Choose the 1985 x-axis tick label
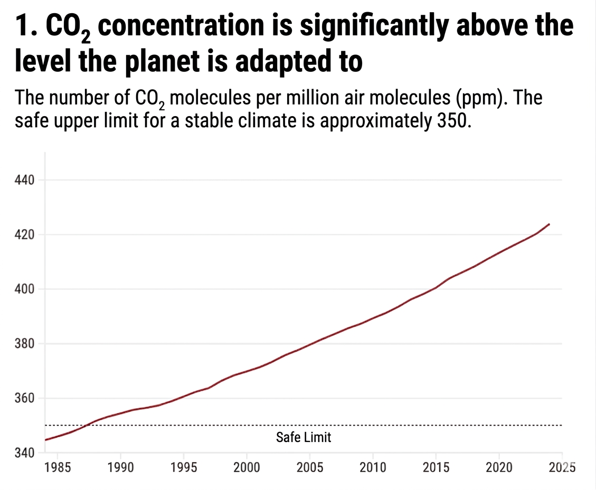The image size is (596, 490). pos(57,467)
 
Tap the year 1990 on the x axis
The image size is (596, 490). pos(120,467)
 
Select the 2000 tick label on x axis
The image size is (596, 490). pos(247,467)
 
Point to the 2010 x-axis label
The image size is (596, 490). pos(373,467)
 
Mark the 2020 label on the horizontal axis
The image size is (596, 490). pos(499,467)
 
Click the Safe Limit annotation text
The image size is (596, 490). pos(304,437)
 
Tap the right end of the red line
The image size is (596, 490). pos(550,224)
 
